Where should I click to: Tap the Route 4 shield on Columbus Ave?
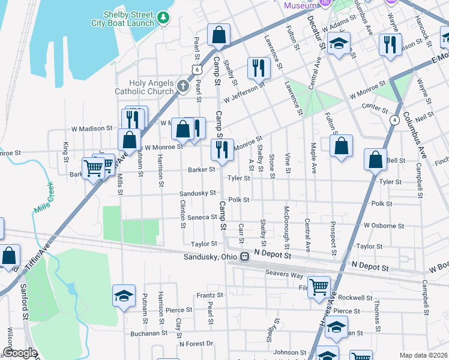point(394,120)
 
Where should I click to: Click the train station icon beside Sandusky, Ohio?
point(244,257)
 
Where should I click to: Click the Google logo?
point(20,353)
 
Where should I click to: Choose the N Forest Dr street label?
point(196,344)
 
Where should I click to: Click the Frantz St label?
point(210,295)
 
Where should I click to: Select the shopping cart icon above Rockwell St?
point(318,286)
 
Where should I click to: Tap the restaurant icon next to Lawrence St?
point(259,67)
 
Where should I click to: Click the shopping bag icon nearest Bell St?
point(375,160)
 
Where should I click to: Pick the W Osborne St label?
point(384,226)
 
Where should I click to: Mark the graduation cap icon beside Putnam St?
point(124,295)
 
